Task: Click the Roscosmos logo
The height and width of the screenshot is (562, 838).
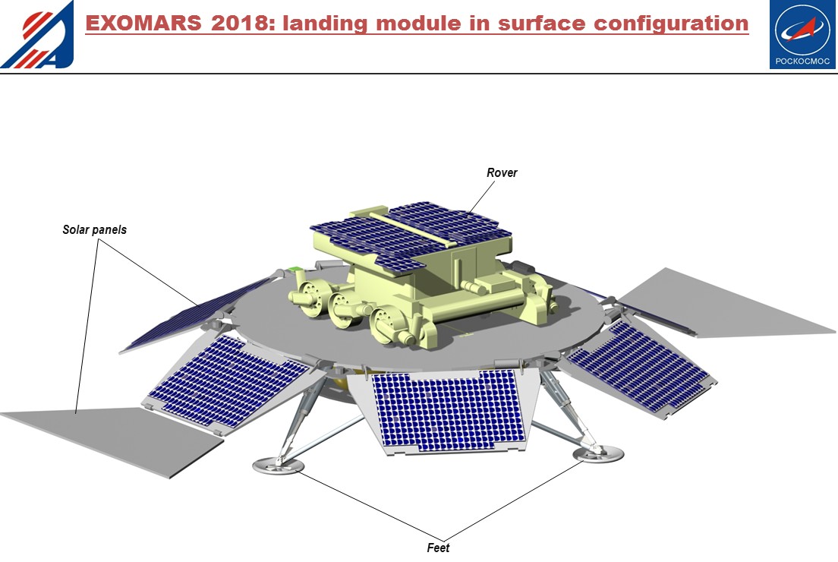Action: (x=803, y=35)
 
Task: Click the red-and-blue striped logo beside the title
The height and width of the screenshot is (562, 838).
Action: (x=37, y=34)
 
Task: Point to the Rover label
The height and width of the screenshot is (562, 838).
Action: (x=502, y=173)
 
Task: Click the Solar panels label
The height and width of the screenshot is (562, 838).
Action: (x=94, y=229)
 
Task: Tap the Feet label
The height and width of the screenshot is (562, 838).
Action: (x=438, y=548)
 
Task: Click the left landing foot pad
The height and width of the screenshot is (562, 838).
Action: (x=278, y=465)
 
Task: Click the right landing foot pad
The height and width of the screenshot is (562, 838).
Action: (x=599, y=454)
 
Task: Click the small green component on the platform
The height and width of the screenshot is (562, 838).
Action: (x=292, y=270)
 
